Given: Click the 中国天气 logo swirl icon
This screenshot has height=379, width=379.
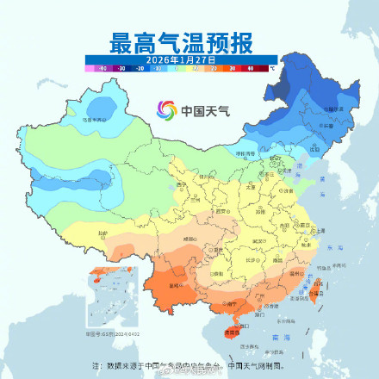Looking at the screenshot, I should (x=166, y=110).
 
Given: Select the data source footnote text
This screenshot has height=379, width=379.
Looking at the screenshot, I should (x=189, y=366).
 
